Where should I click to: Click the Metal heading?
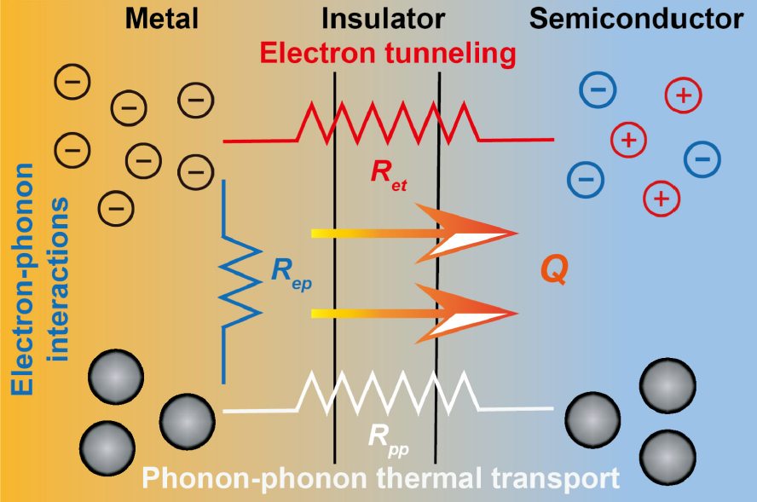point(163,18)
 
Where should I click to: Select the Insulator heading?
point(384,18)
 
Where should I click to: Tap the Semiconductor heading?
point(637,18)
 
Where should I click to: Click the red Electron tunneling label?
point(388,55)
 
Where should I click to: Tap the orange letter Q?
point(554,271)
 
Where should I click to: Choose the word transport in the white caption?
point(553,478)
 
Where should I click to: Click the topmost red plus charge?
point(683,95)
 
